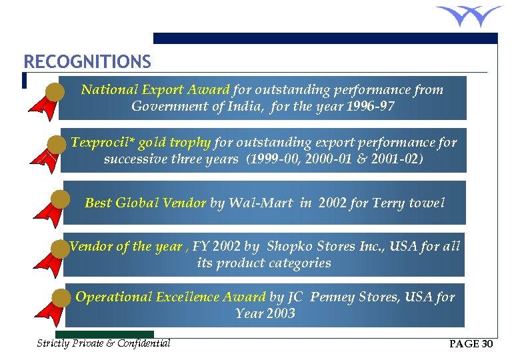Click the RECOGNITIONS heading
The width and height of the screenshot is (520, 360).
pos(87,62)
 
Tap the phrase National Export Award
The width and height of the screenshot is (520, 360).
pos(155,89)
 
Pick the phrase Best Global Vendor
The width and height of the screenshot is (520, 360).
pos(145,203)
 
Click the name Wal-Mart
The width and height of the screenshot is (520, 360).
pos(260,203)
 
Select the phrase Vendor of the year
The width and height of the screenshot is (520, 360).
pos(125,246)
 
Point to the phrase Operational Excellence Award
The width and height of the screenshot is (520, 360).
pos(170,297)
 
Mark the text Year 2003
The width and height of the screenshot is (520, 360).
pos(265,313)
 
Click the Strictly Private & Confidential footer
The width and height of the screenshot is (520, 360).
pos(103,343)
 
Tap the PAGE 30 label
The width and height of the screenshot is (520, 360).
pos(471,344)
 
